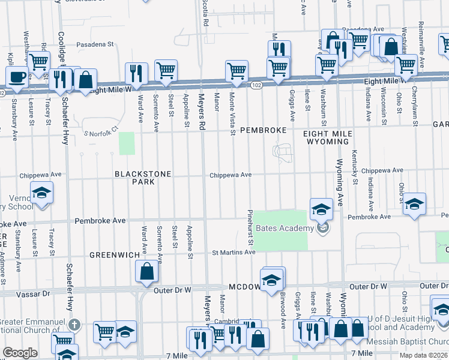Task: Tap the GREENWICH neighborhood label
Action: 110,255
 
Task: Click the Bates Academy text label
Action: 285,228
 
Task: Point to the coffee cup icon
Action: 17,77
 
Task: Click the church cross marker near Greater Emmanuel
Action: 74,325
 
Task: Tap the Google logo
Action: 20,353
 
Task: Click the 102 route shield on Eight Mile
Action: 256,86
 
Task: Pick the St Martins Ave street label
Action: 234,253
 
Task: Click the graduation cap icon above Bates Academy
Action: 321,209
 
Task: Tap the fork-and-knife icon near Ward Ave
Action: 136,74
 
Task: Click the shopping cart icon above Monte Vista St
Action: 237,71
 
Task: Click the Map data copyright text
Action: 423,355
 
